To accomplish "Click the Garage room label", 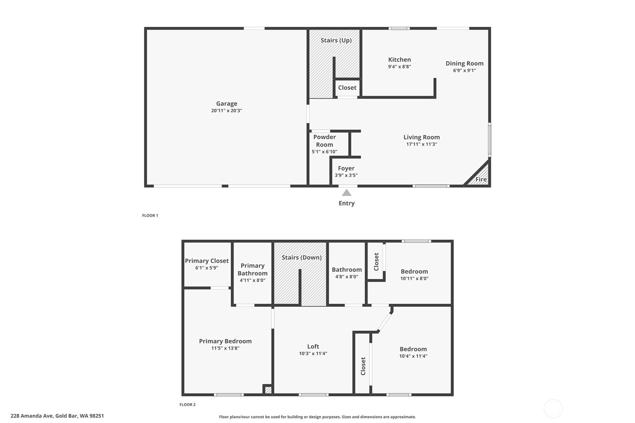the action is pos(226,104).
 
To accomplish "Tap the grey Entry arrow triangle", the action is pos(346,193).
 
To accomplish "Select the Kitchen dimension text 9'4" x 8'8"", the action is pos(399,67).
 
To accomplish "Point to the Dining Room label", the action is pos(464,64).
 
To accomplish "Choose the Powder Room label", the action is pos(324,141).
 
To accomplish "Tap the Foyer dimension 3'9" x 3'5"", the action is pos(346,175).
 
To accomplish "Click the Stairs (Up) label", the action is pos(336,40).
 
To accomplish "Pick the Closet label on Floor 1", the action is pos(347,88).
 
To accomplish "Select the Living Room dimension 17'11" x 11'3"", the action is pos(422,144).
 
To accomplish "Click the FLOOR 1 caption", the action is pos(150,215).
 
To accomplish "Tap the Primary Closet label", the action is pos(207,261).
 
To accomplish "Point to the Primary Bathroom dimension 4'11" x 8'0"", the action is pos(252,281).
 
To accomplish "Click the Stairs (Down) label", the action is pos(302,258).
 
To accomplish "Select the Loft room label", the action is pos(313,346).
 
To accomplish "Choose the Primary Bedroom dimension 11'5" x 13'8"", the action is pos(225,348).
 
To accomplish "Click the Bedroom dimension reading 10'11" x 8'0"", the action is pos(414,279).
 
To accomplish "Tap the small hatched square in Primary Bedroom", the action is pos(268,390).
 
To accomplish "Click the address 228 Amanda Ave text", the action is pos(32,416).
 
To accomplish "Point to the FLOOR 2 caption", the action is pos(187,405).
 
